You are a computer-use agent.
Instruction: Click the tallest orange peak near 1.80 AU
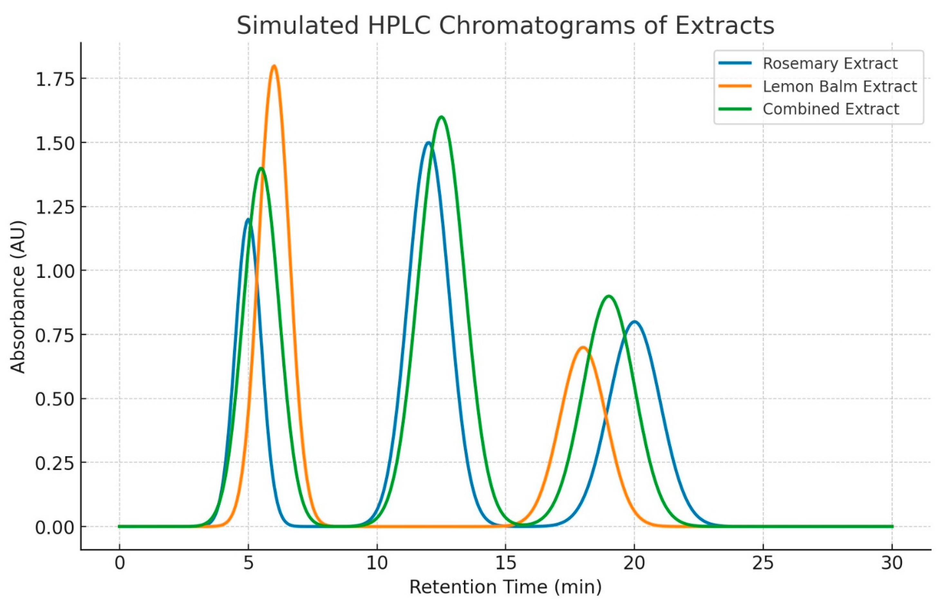[274, 66]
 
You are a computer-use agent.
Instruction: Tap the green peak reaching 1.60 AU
[441, 117]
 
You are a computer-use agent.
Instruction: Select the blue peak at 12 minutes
[428, 143]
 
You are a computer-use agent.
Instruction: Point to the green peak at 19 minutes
[608, 296]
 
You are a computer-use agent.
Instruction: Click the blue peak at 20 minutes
[634, 322]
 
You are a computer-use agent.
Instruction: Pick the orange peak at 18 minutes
[583, 347]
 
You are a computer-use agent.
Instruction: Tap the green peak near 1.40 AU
[261, 168]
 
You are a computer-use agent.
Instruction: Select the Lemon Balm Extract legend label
[840, 86]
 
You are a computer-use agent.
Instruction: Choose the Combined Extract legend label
[831, 109]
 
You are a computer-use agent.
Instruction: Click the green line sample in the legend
[735, 109]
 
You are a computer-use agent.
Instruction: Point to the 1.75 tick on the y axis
[55, 79]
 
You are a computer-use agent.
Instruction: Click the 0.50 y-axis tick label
[55, 399]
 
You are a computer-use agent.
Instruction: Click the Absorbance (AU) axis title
[17, 297]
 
